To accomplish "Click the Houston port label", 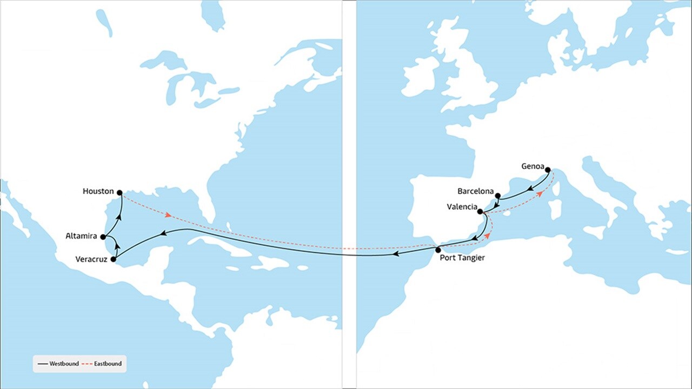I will point(98,191).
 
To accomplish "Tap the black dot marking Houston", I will point(119,192).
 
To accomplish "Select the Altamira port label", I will point(81,236).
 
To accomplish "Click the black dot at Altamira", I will point(103,237).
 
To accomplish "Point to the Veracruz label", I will point(90,259).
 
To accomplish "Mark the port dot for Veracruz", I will point(113,259).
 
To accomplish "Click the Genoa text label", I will point(532,166).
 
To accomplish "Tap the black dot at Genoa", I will point(548,169).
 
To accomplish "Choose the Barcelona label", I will point(475,191).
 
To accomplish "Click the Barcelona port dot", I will point(498,196).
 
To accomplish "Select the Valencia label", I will point(462,207).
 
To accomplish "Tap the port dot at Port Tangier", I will point(438,249).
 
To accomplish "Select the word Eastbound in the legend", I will point(107,364).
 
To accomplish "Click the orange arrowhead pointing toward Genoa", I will point(540,193).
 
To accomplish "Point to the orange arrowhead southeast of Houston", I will point(169,215).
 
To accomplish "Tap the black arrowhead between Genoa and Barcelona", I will point(531,190).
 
